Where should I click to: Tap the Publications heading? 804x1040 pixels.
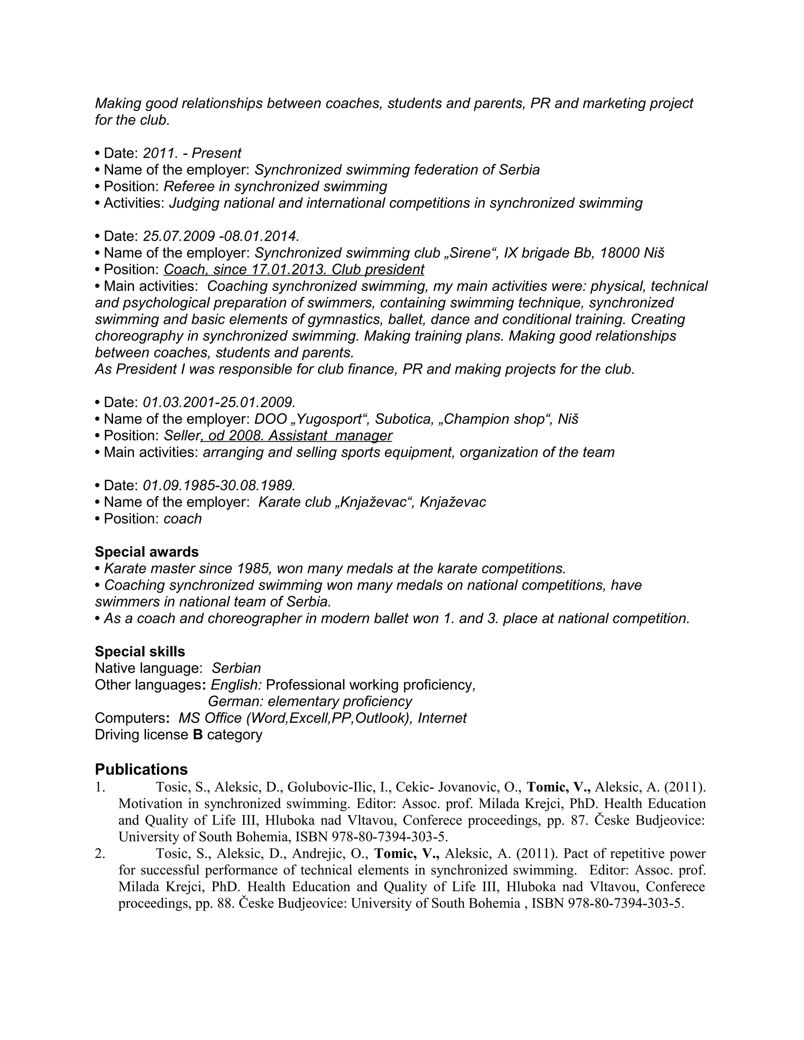coord(141,770)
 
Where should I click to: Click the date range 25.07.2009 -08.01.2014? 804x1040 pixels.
coord(221,236)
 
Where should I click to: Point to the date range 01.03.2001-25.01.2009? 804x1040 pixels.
coord(219,402)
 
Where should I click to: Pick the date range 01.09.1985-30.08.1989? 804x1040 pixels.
coord(219,485)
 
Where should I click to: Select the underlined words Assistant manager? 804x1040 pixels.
coord(330,436)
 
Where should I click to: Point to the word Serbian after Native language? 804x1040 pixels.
coord(236,668)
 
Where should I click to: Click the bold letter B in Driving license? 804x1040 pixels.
coord(198,735)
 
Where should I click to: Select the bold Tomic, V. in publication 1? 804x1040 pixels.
coord(558,787)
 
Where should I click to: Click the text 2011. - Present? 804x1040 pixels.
coord(192,153)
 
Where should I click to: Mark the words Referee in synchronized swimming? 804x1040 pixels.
coord(275,186)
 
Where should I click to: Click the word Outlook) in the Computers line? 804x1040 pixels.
coord(384,718)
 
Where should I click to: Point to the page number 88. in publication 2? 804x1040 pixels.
coord(225,903)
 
